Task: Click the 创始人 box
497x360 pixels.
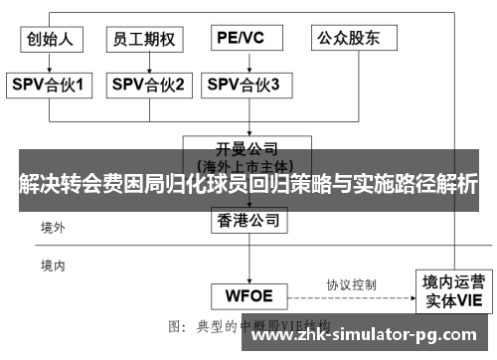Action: (52, 39)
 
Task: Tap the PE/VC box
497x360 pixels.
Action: (243, 39)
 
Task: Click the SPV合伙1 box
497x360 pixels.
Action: (52, 86)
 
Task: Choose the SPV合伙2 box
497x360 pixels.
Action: (148, 86)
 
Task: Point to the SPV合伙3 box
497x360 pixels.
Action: (243, 86)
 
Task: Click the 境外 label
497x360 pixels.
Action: (53, 228)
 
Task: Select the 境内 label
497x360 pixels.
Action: (53, 266)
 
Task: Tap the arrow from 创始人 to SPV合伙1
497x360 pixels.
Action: (52, 62)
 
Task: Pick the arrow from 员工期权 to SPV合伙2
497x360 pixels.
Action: (146, 62)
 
